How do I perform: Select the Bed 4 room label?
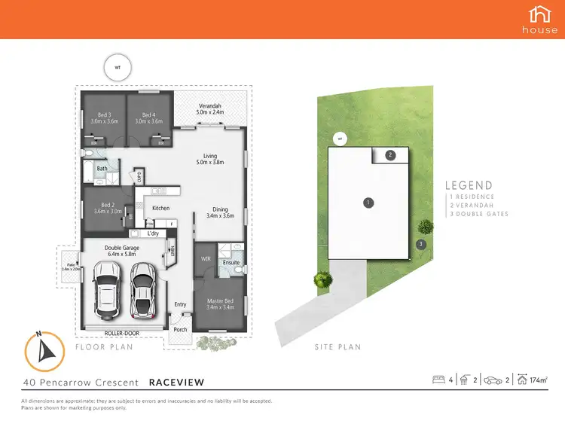click(x=148, y=117)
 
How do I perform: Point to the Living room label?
click(x=209, y=159)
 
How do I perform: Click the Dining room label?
click(x=220, y=213)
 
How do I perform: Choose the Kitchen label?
click(x=161, y=208)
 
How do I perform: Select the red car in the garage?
click(x=142, y=290)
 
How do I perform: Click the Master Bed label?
click(x=221, y=304)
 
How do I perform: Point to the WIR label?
click(x=203, y=259)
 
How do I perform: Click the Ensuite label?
click(x=231, y=263)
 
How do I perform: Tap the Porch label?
click(x=180, y=329)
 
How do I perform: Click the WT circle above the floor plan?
click(x=117, y=66)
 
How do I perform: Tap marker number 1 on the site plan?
click(x=368, y=202)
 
